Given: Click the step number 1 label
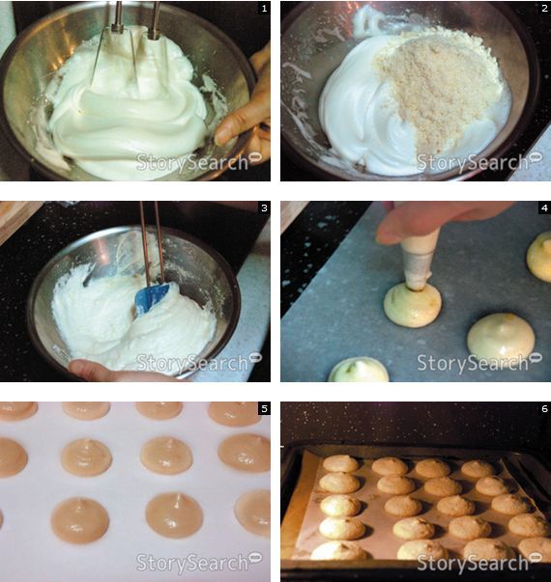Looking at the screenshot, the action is (x=264, y=8).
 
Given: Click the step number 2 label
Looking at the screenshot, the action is (x=544, y=8).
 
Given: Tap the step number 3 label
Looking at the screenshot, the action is (x=264, y=208).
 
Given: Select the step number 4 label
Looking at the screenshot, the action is (x=544, y=208).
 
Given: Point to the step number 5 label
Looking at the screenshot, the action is (x=264, y=408).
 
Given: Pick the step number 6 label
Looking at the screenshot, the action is (x=544, y=408).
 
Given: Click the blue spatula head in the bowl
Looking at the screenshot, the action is (x=153, y=297).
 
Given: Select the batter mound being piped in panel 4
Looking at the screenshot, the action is (x=413, y=305).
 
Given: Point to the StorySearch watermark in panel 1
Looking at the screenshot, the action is (x=198, y=162).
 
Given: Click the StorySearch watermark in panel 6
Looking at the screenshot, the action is (x=479, y=563).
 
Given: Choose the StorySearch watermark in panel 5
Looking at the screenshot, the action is (x=198, y=563).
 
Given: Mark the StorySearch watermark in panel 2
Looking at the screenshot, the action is (x=479, y=162).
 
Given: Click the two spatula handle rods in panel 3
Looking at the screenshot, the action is (x=152, y=243).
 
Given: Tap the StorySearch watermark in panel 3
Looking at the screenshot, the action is (x=198, y=362).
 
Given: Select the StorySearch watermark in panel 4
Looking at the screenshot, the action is (x=479, y=362).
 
